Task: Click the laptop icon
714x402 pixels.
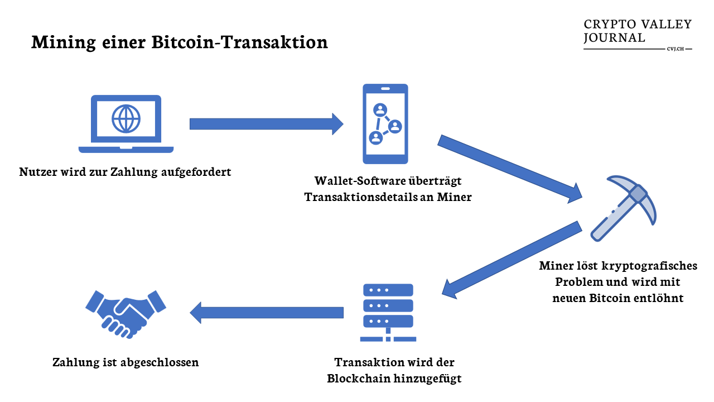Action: (x=126, y=124)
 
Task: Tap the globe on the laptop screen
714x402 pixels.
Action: (x=126, y=118)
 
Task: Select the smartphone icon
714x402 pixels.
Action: (x=385, y=123)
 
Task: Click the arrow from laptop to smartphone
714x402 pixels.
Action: (x=266, y=123)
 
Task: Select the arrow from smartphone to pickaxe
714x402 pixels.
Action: (x=510, y=167)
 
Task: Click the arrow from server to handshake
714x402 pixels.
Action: (x=266, y=313)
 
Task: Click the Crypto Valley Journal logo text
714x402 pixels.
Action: (x=637, y=31)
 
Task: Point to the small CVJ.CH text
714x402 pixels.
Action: (x=675, y=49)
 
